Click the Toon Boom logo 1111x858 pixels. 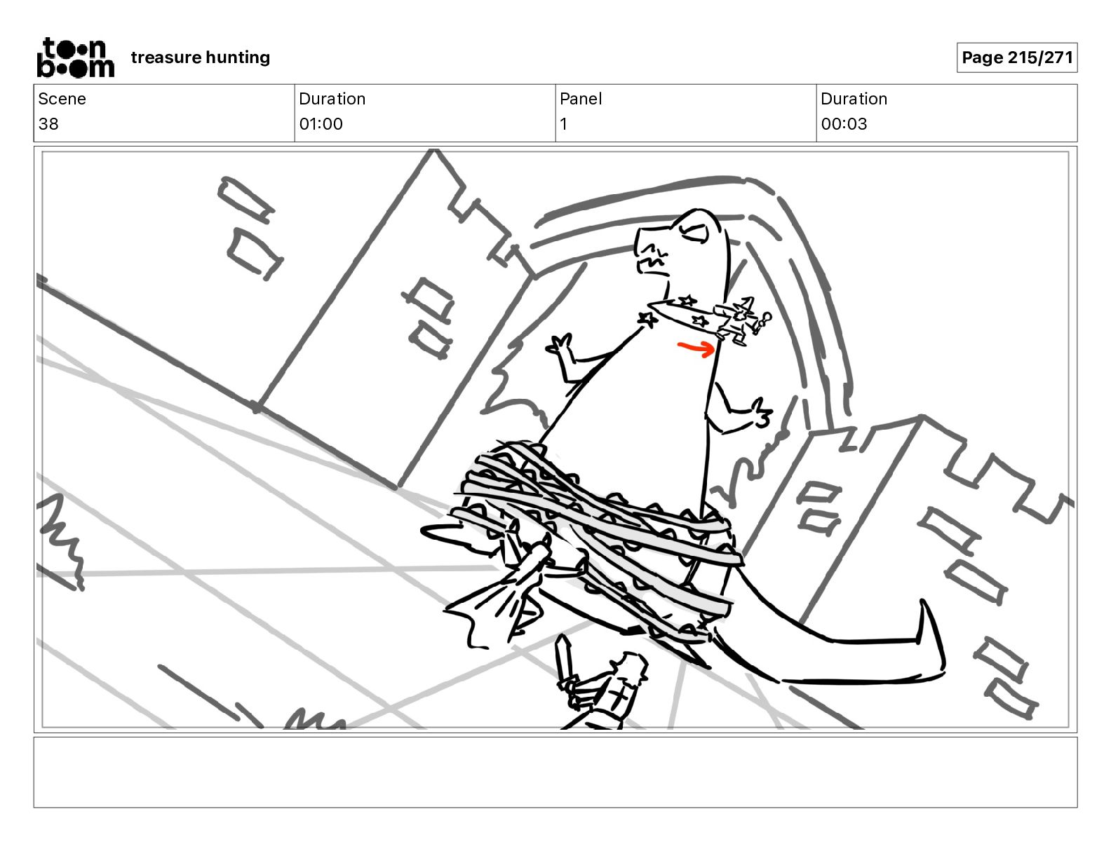tap(76, 57)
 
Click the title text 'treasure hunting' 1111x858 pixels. tap(201, 57)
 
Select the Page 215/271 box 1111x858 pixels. tap(1017, 57)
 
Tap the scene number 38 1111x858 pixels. tap(48, 123)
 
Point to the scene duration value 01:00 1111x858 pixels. tap(321, 123)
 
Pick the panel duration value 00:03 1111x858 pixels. tap(844, 123)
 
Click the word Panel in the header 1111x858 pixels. tap(581, 99)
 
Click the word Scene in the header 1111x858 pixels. tap(62, 99)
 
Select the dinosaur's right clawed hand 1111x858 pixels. tap(760, 412)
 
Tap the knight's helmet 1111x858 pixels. tap(631, 667)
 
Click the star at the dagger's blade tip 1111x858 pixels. tap(647, 320)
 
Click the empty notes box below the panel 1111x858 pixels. tap(555, 772)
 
